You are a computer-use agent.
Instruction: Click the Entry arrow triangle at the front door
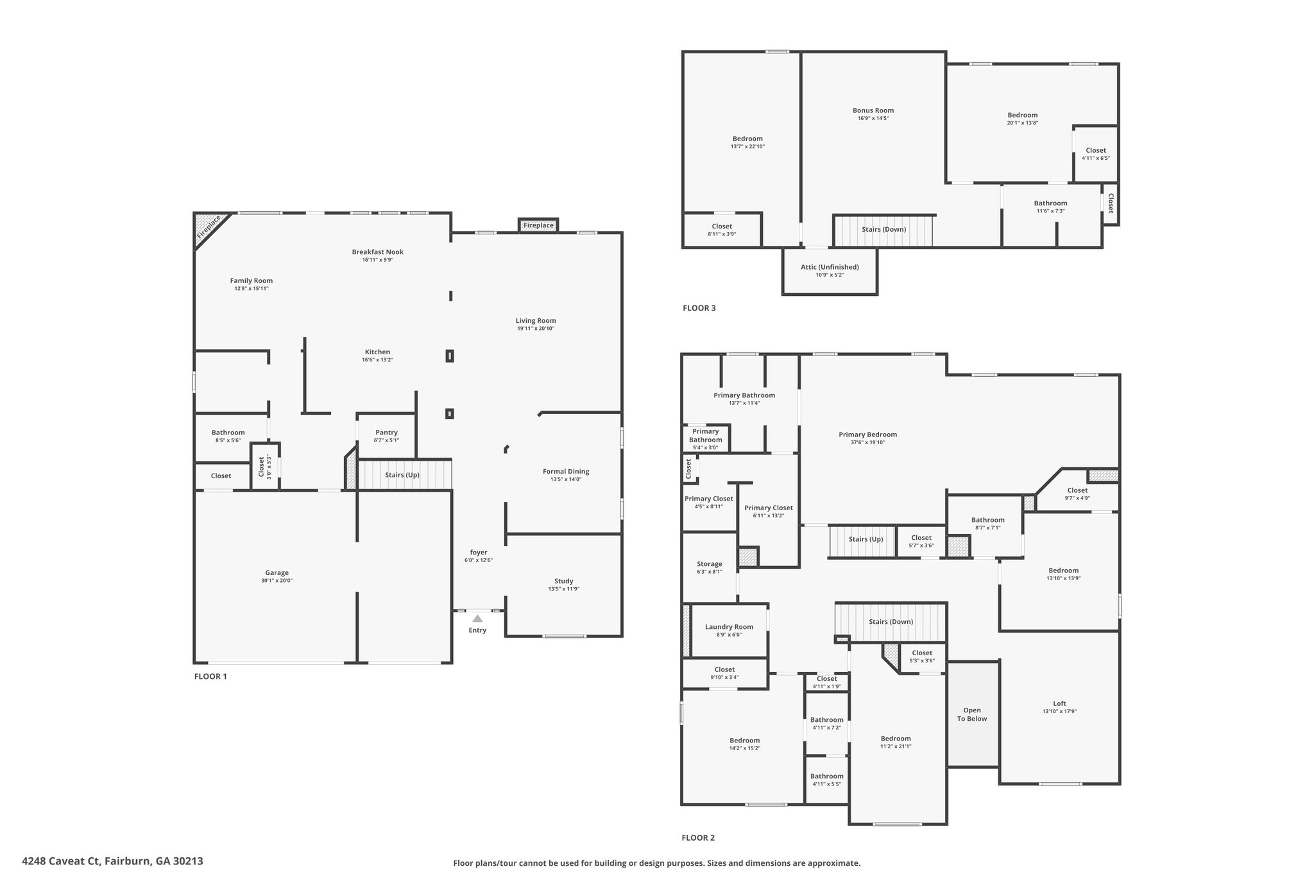click(477, 619)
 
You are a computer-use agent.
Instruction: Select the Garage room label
click(277, 573)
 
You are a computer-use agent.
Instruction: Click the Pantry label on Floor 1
click(387, 433)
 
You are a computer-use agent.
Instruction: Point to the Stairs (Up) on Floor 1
click(405, 475)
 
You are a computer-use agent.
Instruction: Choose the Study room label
click(564, 581)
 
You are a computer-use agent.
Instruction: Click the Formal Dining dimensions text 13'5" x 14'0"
click(566, 479)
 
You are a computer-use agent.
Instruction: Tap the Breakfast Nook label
click(377, 252)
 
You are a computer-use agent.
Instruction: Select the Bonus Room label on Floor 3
click(873, 110)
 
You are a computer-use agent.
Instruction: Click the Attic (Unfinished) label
click(830, 267)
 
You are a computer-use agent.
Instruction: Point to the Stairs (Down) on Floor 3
click(883, 230)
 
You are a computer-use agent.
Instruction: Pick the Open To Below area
click(973, 714)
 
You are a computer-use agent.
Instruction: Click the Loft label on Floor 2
click(1059, 703)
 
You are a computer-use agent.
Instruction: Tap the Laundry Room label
click(729, 627)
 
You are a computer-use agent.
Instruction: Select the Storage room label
click(710, 564)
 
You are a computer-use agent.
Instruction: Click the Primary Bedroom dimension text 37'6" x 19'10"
click(868, 442)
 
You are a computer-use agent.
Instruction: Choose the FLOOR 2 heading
click(698, 837)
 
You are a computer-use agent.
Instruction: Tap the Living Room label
click(536, 321)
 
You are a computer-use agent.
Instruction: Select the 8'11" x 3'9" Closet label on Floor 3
click(722, 227)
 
